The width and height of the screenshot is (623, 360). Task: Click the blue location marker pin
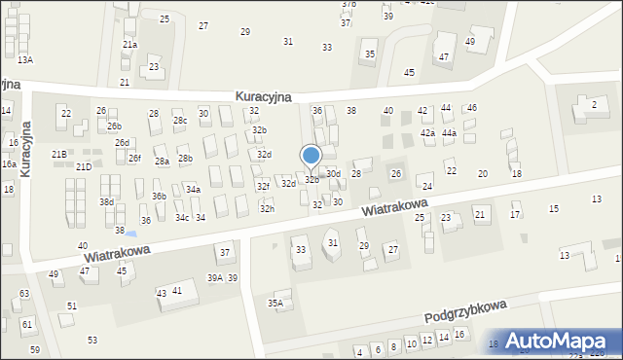click(311, 157)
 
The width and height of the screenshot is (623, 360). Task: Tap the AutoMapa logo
click(559, 341)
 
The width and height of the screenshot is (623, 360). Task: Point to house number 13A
click(24, 60)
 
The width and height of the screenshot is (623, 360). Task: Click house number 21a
click(129, 45)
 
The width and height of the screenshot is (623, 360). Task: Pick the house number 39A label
click(215, 278)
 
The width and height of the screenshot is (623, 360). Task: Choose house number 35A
click(275, 304)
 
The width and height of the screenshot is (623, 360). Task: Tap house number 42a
click(427, 132)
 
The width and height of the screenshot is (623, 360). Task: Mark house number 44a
click(449, 132)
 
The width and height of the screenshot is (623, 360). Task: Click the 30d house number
click(333, 174)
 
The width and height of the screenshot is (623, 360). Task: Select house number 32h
click(267, 209)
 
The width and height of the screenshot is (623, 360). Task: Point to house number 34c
click(182, 218)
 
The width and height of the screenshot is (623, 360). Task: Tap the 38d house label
click(106, 202)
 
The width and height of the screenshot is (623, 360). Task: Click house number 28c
click(180, 121)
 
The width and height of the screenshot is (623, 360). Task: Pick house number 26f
click(134, 159)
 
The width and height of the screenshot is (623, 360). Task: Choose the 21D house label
click(84, 167)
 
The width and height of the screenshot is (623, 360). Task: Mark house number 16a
click(8, 164)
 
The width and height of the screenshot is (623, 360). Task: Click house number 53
click(92, 341)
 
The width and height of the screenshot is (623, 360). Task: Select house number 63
click(24, 293)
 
